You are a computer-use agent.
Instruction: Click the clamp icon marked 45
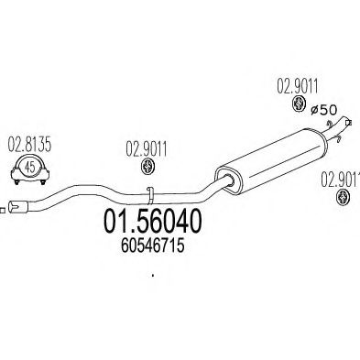30,168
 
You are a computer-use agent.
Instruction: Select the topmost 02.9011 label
299,88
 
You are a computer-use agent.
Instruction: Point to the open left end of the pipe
15,208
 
